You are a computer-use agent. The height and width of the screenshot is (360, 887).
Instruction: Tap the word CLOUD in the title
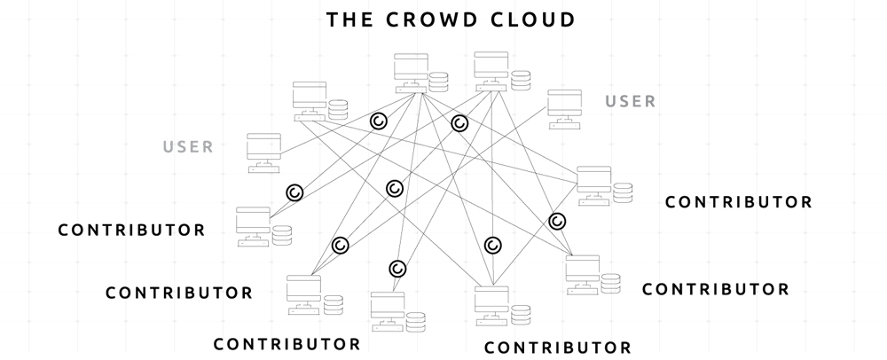531,19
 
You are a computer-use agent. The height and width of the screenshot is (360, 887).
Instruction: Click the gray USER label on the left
188,147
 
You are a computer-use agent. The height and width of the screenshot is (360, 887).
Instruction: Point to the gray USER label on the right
631,101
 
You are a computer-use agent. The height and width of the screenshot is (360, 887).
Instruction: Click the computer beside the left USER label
263,152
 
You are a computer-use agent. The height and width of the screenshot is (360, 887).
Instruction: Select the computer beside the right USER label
564,107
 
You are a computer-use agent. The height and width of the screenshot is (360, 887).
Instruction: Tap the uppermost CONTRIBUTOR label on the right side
738,202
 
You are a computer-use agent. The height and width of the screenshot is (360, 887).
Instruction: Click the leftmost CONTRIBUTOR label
131,231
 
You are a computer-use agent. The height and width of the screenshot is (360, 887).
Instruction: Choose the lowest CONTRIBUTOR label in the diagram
558,347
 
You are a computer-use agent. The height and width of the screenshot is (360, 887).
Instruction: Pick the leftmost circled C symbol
294,192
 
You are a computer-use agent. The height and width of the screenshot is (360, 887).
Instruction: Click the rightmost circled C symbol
557,221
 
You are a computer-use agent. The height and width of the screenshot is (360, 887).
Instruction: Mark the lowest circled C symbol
397,268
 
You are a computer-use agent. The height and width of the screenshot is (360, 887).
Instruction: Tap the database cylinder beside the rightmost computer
623,192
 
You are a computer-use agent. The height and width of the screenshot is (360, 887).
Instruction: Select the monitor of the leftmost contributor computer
253,219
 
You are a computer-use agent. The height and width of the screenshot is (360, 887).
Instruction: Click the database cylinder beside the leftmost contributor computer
282,236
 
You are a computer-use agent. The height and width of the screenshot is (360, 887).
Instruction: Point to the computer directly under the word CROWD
412,71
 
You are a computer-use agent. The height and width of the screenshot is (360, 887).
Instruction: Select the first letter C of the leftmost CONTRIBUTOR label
63,231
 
